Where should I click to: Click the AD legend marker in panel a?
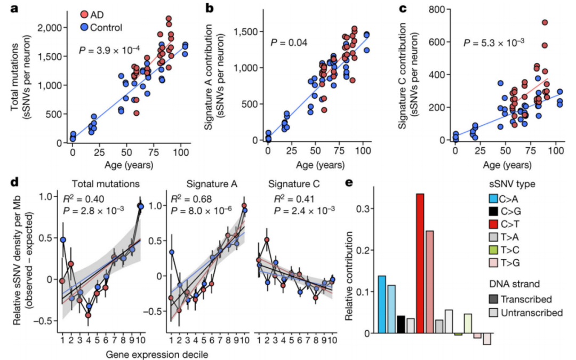point(85,15)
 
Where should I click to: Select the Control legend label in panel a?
point(106,28)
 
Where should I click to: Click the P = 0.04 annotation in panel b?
point(289,42)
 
